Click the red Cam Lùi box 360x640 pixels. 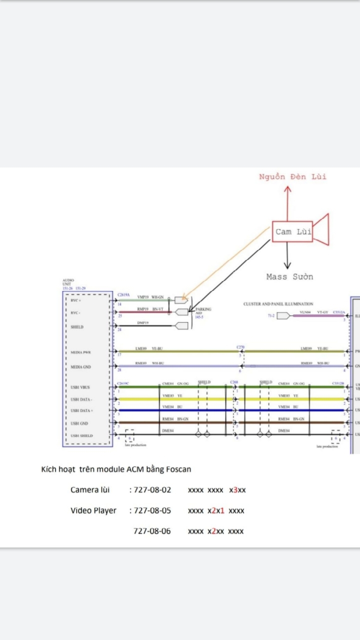pyautogui.click(x=293, y=232)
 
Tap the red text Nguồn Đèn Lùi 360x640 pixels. pyautogui.click(x=292, y=176)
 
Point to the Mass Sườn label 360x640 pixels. pyautogui.click(x=289, y=276)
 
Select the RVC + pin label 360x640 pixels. pyautogui.click(x=76, y=300)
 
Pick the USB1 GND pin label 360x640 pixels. pyautogui.click(x=79, y=423)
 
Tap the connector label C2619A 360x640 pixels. pyautogui.click(x=123, y=294)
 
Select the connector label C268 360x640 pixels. pyautogui.click(x=234, y=382)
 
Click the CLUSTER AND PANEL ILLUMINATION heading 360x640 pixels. pyautogui.click(x=278, y=304)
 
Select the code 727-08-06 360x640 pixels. pyautogui.click(x=152, y=531)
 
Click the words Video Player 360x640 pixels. pyautogui.click(x=93, y=510)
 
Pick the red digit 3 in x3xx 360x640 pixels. pyautogui.click(x=235, y=490)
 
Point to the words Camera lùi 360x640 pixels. pyautogui.click(x=90, y=490)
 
